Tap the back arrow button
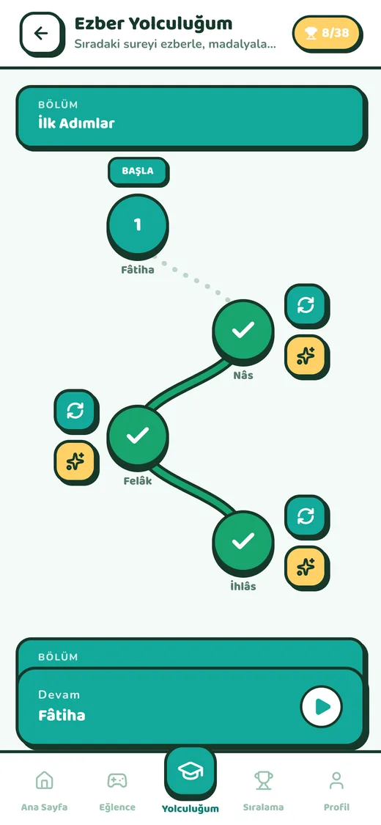click(41, 34)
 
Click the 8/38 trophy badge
click(328, 34)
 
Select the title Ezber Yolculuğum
click(153, 23)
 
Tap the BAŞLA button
click(138, 172)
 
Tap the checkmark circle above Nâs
click(243, 331)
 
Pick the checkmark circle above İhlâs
click(243, 541)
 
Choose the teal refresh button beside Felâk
click(76, 411)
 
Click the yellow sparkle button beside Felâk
click(76, 462)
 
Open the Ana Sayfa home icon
click(44, 780)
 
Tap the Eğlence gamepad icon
click(117, 780)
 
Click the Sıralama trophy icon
click(263, 780)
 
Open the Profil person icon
click(336, 780)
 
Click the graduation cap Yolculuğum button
click(190, 772)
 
